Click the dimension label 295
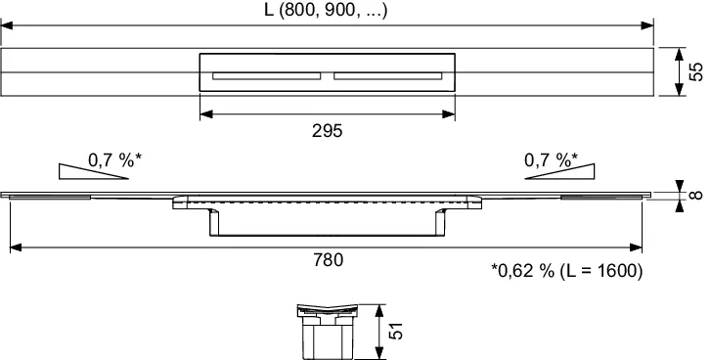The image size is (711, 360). point(327,131)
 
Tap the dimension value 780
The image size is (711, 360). point(328,260)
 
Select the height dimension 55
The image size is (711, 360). point(695,71)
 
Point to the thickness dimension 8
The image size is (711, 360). point(697,195)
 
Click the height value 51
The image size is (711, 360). point(395,331)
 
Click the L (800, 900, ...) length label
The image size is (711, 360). point(326,10)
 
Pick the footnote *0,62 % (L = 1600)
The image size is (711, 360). point(567,271)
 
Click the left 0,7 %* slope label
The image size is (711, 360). point(115,160)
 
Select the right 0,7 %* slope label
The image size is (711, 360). point(551,160)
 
